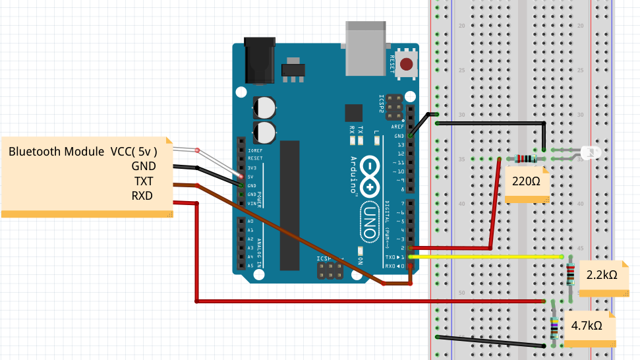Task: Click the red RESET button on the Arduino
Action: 407,65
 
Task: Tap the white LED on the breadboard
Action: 591,155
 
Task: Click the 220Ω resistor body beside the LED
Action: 525,158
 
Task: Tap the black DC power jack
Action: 259,61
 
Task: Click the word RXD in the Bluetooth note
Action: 142,196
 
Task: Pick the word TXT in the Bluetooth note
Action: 143,181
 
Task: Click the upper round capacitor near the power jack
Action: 265,107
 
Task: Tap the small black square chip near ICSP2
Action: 354,113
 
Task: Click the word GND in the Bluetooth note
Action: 143,166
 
